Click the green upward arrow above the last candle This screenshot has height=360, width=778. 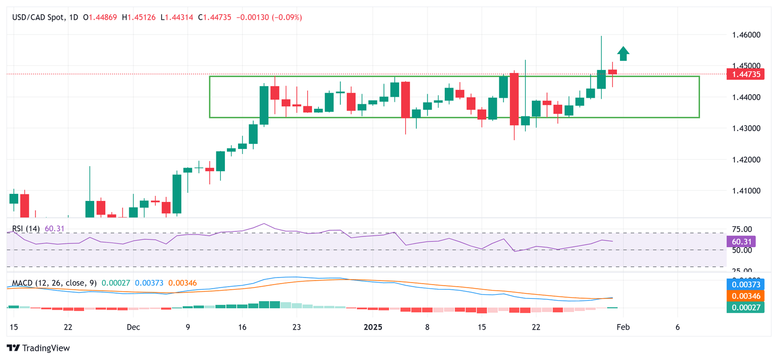(623, 54)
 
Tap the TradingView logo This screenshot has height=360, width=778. (38, 348)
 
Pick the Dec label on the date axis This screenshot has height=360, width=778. (133, 327)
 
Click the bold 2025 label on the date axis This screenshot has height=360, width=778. (373, 327)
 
